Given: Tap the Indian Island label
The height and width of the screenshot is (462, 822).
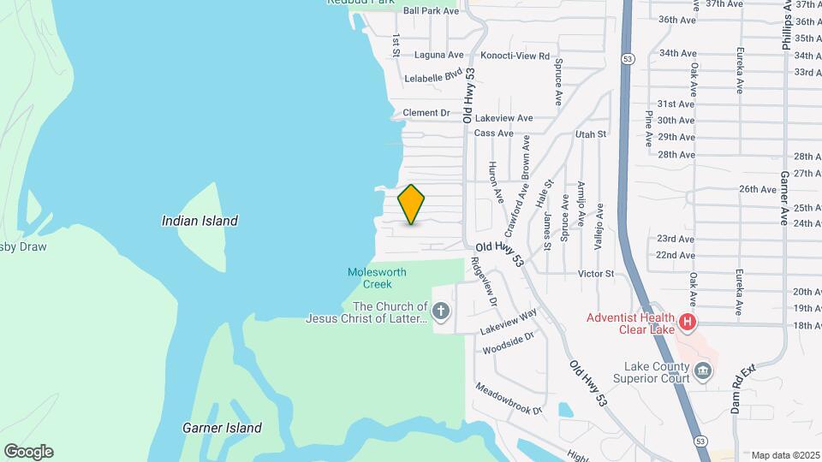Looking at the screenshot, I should [200, 221].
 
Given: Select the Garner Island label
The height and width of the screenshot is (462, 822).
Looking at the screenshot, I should [222, 428].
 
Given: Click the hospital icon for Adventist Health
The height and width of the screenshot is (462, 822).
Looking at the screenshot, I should [687, 323].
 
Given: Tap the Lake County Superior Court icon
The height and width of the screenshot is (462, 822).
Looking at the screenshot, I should [703, 370].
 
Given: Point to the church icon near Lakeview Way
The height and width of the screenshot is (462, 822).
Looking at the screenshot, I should [441, 311].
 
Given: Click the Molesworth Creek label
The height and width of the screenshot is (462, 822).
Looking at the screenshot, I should [377, 277].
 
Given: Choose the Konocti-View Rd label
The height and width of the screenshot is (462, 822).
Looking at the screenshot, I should [520, 56].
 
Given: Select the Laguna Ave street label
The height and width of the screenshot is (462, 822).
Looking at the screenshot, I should [438, 55].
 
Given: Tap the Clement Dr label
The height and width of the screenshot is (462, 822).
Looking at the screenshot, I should [426, 113].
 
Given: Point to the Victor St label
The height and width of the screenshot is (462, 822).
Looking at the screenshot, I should [596, 274].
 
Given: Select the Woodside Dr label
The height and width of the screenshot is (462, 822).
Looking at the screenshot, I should [508, 344].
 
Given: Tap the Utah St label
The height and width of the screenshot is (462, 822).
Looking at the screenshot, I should [590, 134].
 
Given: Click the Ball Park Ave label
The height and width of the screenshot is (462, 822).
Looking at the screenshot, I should [432, 11].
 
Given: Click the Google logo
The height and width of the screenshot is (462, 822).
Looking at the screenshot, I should [28, 452].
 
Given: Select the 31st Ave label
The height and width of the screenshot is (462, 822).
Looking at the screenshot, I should [676, 104].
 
